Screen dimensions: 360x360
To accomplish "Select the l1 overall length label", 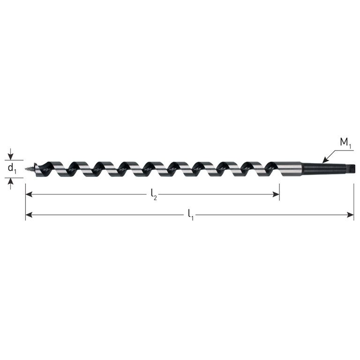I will pyautogui.click(x=190, y=215).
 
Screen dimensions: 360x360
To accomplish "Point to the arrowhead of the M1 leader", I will pyautogui.click(x=324, y=161).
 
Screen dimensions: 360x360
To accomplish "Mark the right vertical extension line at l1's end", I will pyautogui.click(x=354, y=202).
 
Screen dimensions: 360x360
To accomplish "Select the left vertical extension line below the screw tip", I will pyautogui.click(x=25, y=202).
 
